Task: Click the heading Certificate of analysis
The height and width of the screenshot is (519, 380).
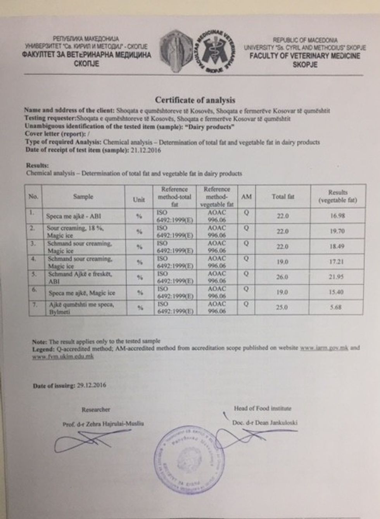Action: [195, 100]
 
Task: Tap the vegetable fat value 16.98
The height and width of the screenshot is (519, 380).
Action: [337, 216]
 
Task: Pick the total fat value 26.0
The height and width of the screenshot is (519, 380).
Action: [282, 277]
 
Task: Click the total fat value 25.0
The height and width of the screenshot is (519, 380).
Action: [282, 307]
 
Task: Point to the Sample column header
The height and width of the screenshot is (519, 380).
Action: [83, 196]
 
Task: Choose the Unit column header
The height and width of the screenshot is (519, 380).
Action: [138, 199]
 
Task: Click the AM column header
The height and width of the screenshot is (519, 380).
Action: [246, 197]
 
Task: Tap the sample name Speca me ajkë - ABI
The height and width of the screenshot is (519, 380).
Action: [73, 216]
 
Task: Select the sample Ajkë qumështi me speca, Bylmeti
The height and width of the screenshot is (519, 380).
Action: [81, 308]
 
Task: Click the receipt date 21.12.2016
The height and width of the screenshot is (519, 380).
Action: [144, 150]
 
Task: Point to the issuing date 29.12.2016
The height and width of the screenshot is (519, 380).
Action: [91, 385]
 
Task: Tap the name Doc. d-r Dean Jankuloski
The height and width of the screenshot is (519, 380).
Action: [264, 423]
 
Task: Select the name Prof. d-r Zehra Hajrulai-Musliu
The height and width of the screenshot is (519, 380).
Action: [103, 424]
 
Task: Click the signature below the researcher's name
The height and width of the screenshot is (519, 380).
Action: [83, 440]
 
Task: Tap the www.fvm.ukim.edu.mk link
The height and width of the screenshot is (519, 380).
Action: [63, 356]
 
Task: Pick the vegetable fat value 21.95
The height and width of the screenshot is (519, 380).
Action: [337, 277]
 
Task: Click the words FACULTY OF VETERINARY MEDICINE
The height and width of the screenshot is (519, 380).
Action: [305, 56]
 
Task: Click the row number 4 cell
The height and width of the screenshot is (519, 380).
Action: [34, 259]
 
